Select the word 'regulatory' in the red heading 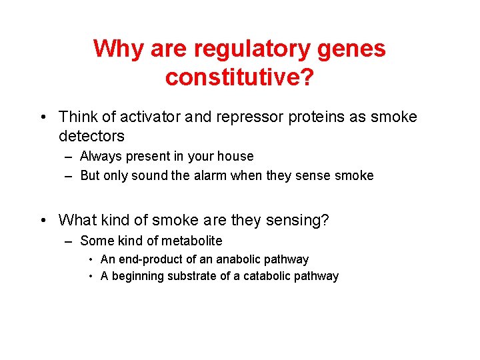tap(251, 49)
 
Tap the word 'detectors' tap(91, 136)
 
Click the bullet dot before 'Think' tap(42, 117)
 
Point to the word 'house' tap(236, 157)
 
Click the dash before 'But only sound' tap(69, 176)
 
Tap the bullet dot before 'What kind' tap(42, 220)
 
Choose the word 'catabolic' tap(265, 276)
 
